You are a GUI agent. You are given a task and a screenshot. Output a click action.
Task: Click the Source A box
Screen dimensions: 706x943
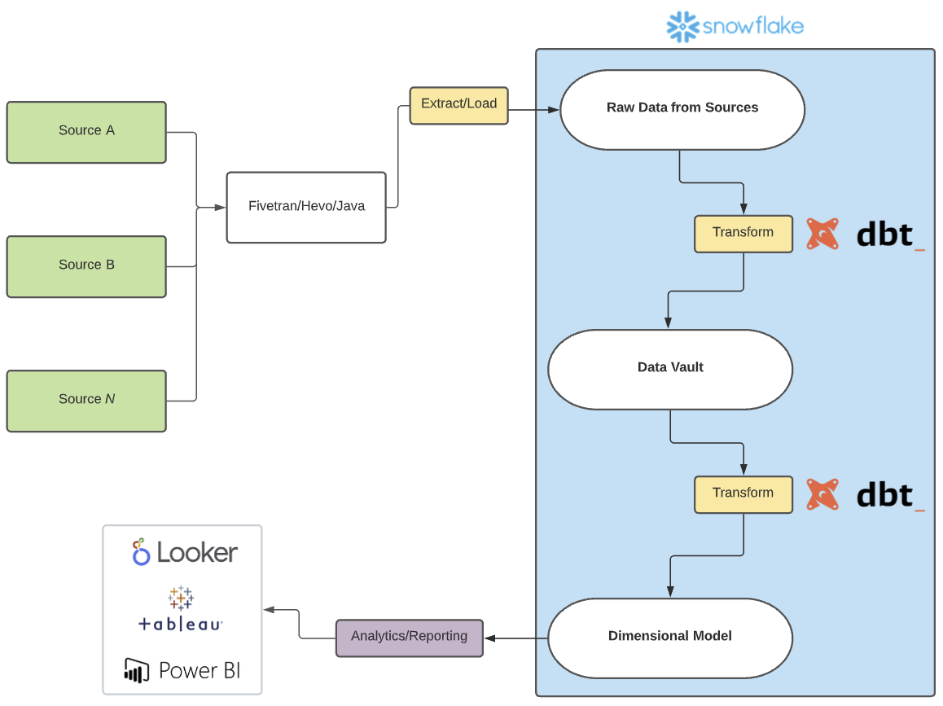[86, 132]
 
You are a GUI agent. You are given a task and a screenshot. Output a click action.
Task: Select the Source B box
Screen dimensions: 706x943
[86, 266]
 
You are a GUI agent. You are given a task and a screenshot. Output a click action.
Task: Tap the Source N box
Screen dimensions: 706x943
[86, 401]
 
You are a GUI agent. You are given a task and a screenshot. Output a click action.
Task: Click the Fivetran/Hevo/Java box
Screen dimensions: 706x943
[306, 207]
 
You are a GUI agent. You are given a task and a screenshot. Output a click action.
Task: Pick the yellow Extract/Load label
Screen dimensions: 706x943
[458, 105]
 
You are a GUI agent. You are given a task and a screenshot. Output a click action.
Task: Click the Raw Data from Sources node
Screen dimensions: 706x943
[682, 109]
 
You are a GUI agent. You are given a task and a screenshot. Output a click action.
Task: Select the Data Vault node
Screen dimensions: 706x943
[670, 369]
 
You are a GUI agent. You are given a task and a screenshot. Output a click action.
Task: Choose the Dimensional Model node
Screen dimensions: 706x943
[670, 638]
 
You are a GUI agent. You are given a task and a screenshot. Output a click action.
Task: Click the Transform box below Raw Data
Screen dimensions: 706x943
[743, 234]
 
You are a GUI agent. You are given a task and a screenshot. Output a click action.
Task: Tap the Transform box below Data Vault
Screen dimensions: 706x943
[743, 494]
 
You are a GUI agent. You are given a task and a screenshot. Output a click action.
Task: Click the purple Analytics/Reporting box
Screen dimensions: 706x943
[409, 638]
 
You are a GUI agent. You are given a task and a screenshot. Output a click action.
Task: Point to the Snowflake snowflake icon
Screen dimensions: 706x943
[682, 27]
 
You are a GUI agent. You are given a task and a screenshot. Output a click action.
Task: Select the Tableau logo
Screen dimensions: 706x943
[181, 611]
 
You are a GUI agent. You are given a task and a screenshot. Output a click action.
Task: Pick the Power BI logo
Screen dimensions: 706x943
[182, 670]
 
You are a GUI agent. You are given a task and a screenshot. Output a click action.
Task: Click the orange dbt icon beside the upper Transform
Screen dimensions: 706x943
[822, 234]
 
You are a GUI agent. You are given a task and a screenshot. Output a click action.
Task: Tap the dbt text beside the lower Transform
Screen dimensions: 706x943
[889, 494]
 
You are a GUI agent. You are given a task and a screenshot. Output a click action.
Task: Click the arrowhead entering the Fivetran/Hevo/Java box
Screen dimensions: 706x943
[220, 208]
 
